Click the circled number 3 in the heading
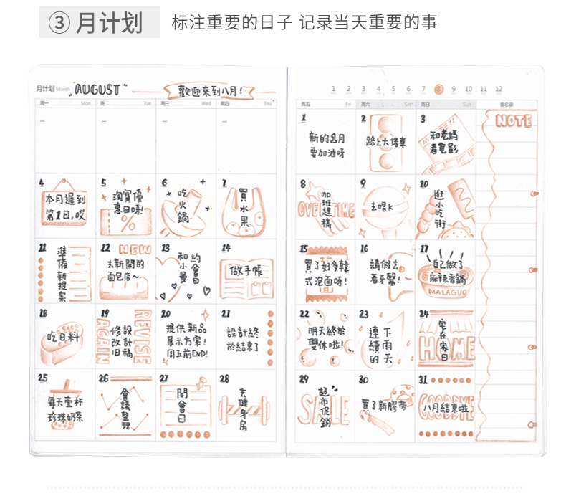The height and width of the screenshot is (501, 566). click(59, 23)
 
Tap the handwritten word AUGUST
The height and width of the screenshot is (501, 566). click(98, 90)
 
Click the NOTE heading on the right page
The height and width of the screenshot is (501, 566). click(513, 121)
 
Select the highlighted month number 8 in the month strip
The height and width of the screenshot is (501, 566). click(438, 90)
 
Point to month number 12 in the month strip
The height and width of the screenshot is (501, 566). click(499, 90)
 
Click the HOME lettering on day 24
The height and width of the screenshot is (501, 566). click(446, 350)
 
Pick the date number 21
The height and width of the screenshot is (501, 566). click(226, 313)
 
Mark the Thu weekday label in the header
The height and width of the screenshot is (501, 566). click(268, 103)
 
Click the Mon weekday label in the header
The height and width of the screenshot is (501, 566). click(86, 103)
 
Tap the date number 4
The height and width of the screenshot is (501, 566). click(42, 183)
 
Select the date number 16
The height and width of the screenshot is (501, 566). click(364, 249)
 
